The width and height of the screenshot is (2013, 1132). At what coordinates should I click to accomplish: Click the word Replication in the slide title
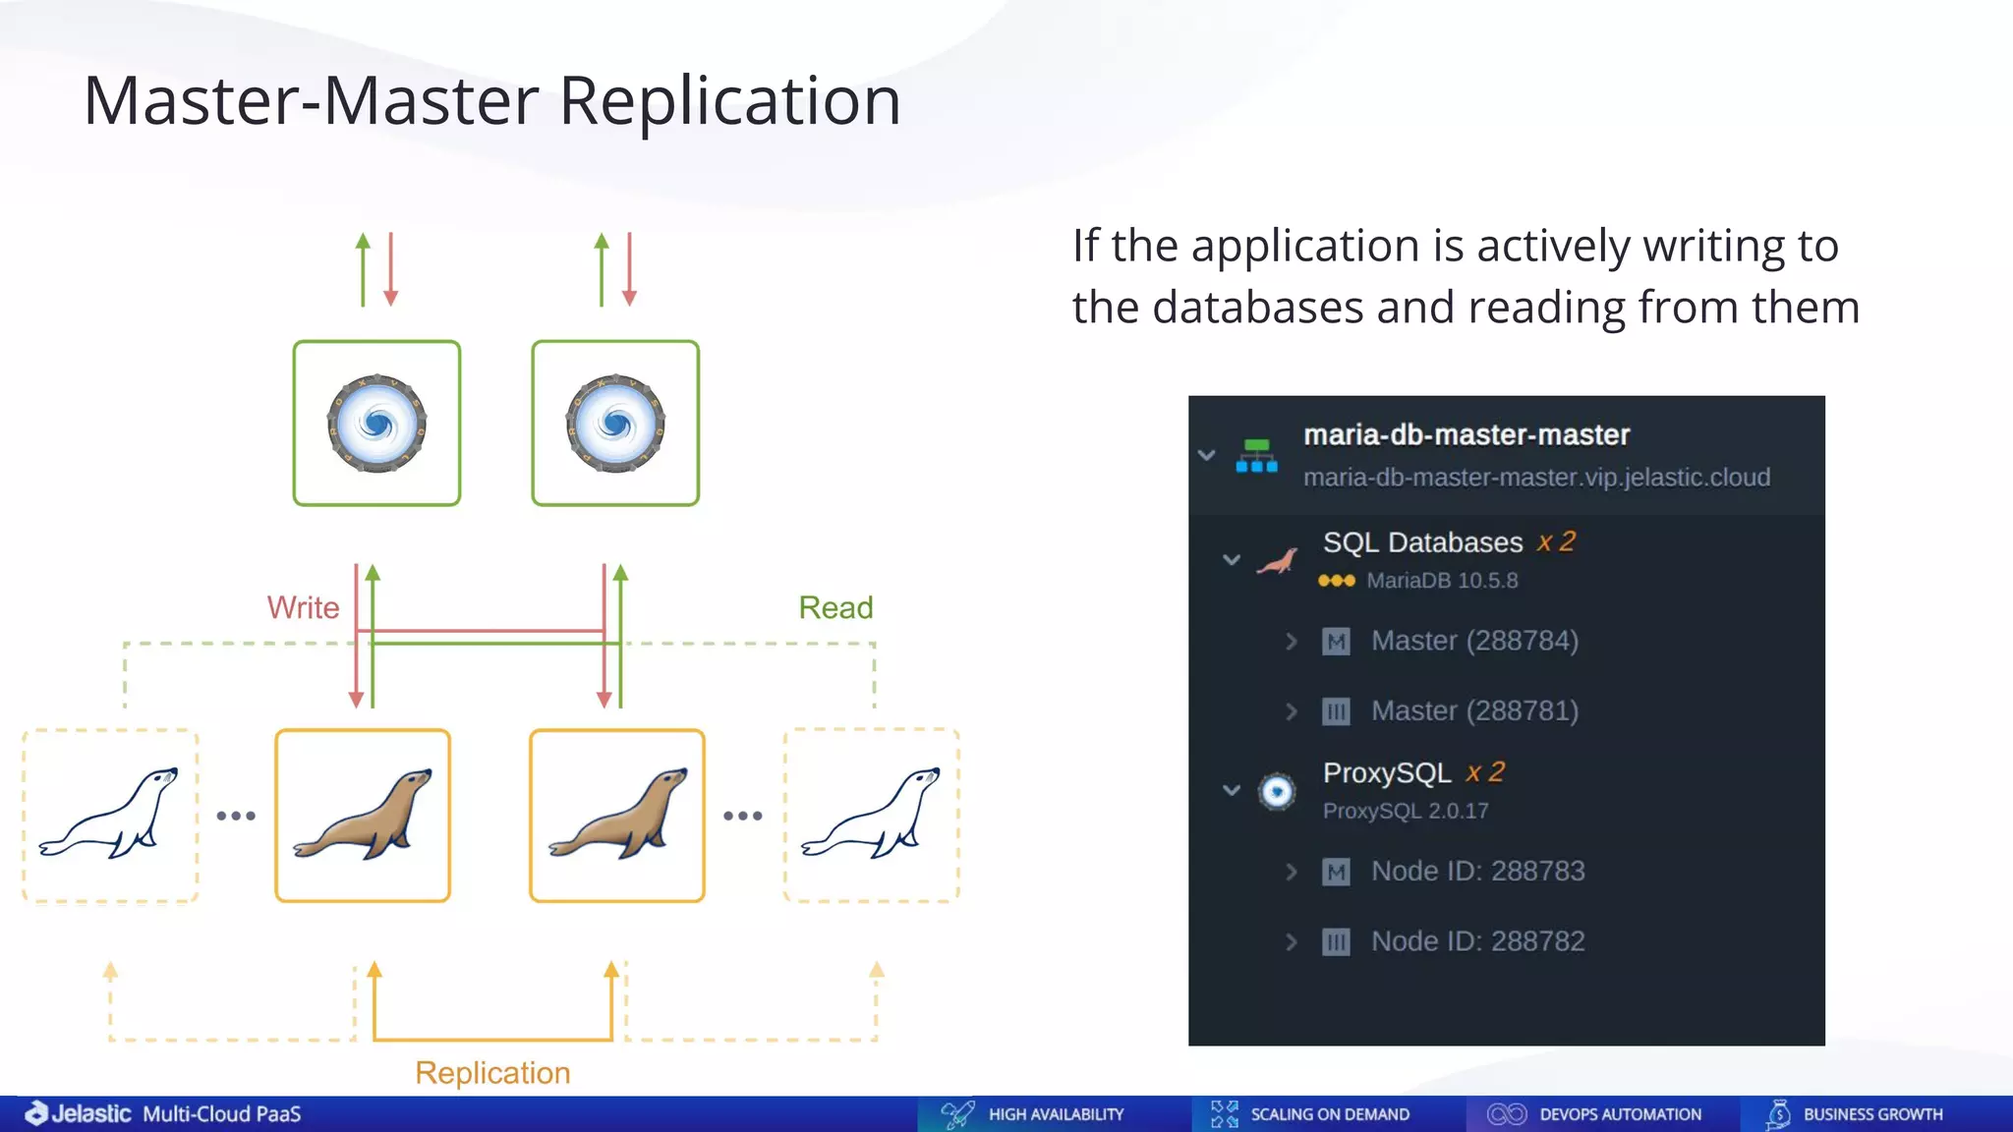click(x=729, y=101)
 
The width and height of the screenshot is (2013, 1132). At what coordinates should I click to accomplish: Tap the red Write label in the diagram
click(x=303, y=607)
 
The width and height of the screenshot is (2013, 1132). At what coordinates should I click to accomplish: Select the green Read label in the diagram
click(x=835, y=607)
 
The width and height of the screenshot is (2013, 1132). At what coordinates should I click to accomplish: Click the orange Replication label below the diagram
click(x=492, y=1072)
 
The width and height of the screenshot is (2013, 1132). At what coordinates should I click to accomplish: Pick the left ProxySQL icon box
click(x=376, y=424)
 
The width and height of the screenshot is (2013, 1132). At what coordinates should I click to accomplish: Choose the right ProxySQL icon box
click(x=615, y=424)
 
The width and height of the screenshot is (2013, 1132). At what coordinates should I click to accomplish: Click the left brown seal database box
click(x=363, y=816)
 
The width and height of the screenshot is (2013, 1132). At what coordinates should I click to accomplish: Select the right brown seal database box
click(x=617, y=816)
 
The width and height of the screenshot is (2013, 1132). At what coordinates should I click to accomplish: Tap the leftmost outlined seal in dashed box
click(x=110, y=816)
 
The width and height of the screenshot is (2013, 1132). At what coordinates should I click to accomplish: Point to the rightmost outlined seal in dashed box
click(x=872, y=816)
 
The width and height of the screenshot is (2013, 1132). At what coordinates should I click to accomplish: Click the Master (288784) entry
click(x=1474, y=641)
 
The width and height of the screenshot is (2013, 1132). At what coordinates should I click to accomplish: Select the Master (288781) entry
click(x=1474, y=710)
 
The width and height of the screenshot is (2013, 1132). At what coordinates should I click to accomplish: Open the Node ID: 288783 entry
click(x=1477, y=872)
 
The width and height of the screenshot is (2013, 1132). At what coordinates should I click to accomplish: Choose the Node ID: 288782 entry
click(x=1477, y=941)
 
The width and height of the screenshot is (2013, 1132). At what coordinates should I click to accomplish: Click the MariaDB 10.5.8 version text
click(x=1442, y=581)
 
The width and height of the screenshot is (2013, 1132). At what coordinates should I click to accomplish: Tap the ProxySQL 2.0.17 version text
click(x=1406, y=811)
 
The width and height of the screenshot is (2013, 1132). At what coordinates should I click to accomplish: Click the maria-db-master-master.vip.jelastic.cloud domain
click(x=1536, y=478)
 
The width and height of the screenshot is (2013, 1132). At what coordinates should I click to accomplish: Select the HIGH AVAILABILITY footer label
click(x=1056, y=1114)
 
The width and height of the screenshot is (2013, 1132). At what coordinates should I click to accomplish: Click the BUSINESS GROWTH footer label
click(x=1872, y=1114)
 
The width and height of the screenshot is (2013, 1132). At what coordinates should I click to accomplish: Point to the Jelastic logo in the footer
click(x=79, y=1113)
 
